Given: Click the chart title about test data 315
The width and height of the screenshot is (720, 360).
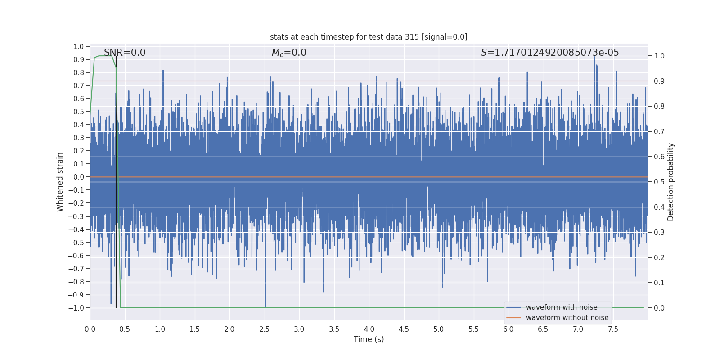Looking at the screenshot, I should tap(369, 37).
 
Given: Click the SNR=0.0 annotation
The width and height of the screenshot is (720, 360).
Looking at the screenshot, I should tap(125, 53).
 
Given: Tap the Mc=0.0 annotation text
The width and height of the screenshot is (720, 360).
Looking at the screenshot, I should tap(289, 53).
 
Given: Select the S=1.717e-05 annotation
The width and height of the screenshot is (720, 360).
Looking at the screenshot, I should tap(550, 53).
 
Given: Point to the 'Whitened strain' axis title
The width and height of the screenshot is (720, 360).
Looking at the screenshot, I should tap(60, 182).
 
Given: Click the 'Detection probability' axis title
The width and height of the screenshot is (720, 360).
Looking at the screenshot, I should tap(671, 182).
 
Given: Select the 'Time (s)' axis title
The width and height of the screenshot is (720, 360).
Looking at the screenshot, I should tap(369, 339).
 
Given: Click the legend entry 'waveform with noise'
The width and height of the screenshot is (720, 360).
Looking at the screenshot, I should tap(562, 307).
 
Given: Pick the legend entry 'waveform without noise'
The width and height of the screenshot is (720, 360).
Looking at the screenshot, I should tap(567, 318).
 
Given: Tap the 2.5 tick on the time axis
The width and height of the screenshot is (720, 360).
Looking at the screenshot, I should tap(264, 329).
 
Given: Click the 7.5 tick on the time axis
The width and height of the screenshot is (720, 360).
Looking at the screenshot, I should tap(613, 329).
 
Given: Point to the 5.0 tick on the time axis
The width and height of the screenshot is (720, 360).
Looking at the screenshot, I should tap(439, 329).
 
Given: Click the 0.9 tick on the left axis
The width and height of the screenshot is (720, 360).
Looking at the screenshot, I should tap(79, 59).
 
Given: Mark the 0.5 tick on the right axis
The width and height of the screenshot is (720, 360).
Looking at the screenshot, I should tap(659, 182).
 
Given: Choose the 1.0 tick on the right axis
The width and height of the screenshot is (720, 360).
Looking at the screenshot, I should tap(659, 56).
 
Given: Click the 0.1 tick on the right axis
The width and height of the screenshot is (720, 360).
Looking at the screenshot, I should tap(659, 283).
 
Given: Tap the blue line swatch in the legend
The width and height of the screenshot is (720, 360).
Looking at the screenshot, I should tap(513, 307).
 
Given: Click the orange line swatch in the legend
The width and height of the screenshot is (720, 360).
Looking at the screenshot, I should tap(513, 318).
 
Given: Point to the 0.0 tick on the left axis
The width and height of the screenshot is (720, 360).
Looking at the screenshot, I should tap(79, 177).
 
